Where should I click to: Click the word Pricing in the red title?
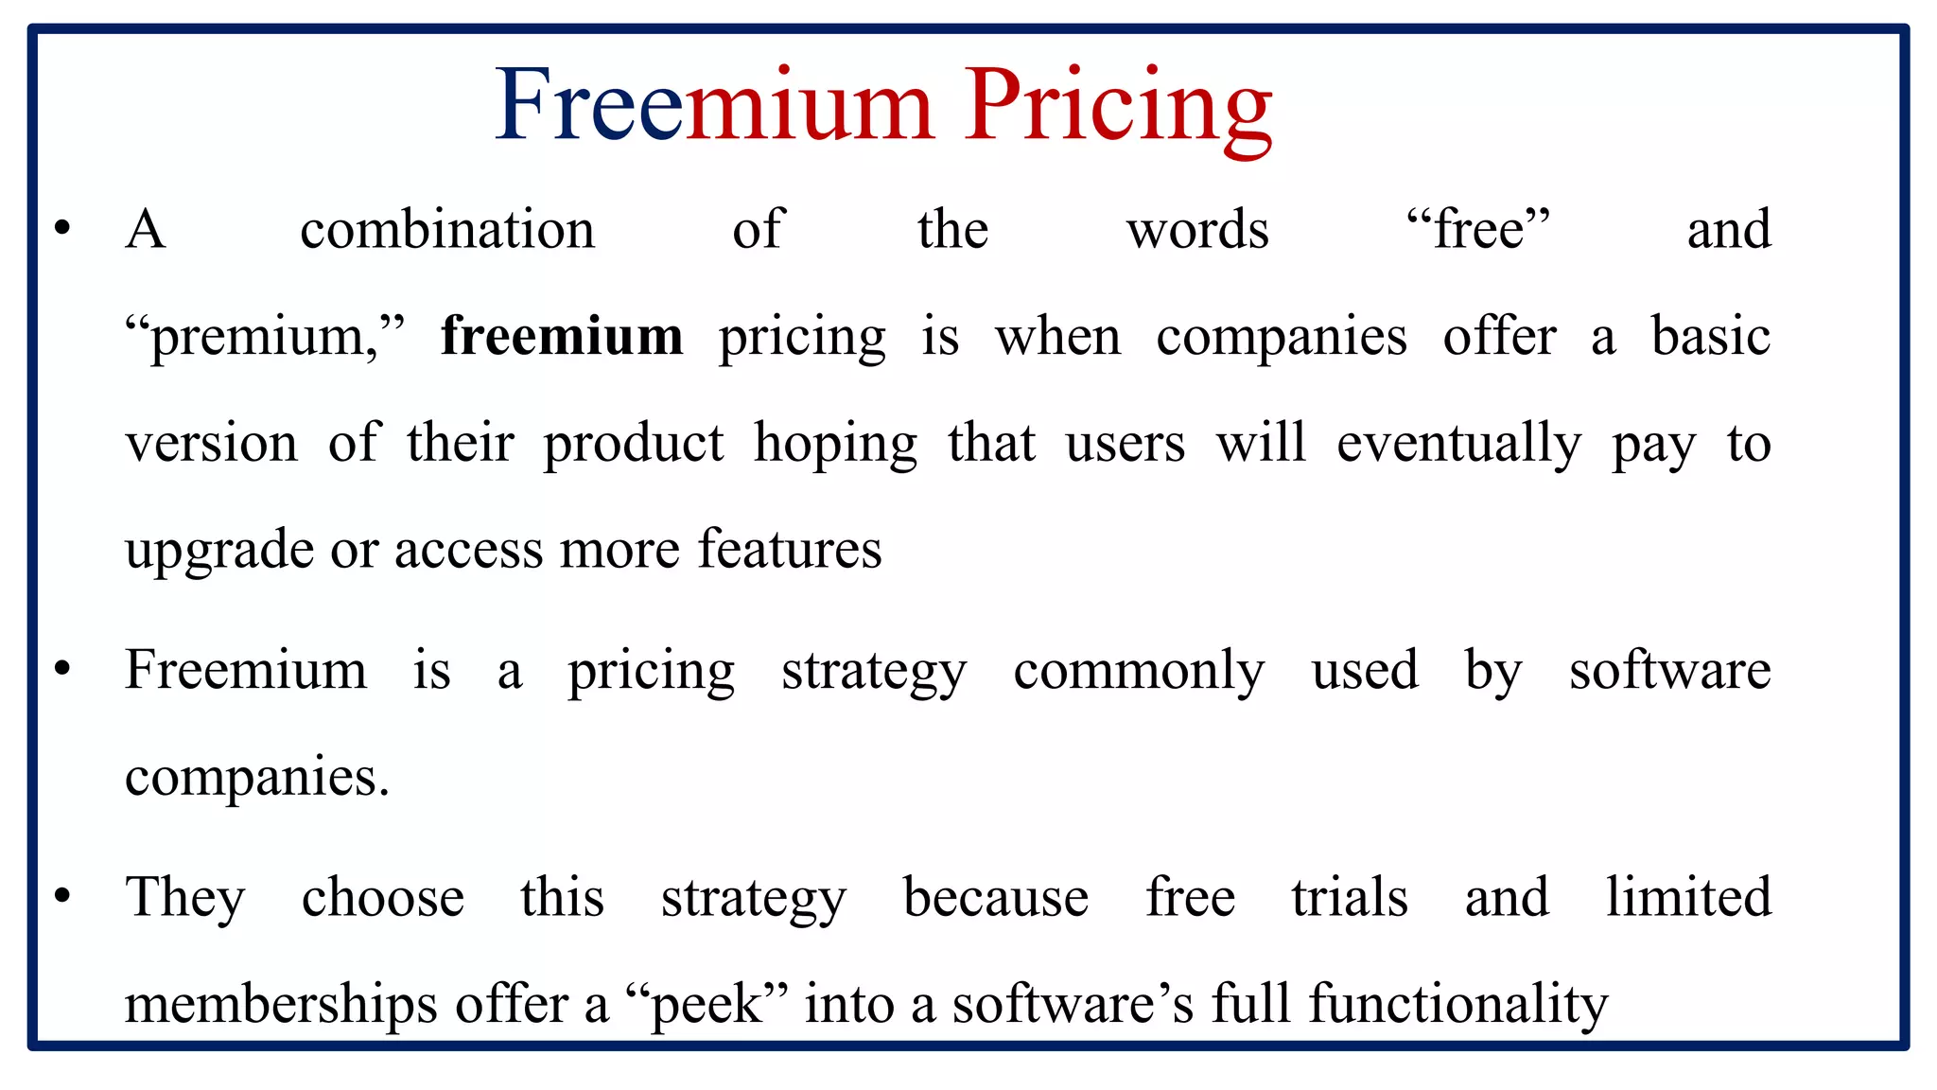[1118, 106]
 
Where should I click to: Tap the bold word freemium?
[562, 337]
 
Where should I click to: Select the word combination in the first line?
[447, 230]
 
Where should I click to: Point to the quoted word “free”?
[1477, 230]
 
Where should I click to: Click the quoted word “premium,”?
[265, 337]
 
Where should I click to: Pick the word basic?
[1710, 337]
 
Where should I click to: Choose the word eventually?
[1458, 444]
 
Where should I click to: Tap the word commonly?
[1138, 672]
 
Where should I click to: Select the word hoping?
[835, 444]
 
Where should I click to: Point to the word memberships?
[281, 1004]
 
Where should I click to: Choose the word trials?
[1350, 897]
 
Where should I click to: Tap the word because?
[995, 897]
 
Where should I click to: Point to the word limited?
[1688, 897]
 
